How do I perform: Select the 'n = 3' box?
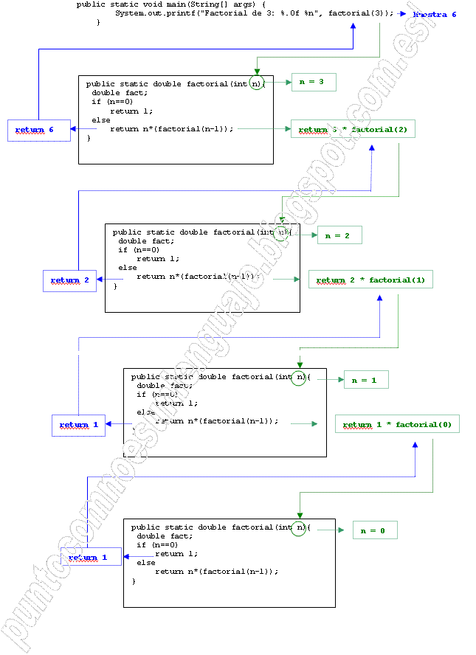(314, 83)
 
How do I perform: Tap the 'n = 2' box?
(339, 235)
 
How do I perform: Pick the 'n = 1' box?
(365, 380)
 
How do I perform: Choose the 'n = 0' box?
(374, 530)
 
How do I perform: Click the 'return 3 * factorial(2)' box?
(353, 130)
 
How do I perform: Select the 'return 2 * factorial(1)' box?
(370, 280)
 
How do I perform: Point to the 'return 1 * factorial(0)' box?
(397, 424)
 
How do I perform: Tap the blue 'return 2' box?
(69, 280)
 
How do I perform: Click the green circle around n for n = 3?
(256, 83)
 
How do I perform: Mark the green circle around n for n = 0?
(299, 528)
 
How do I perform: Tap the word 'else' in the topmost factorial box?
(101, 120)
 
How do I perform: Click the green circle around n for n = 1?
(299, 378)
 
